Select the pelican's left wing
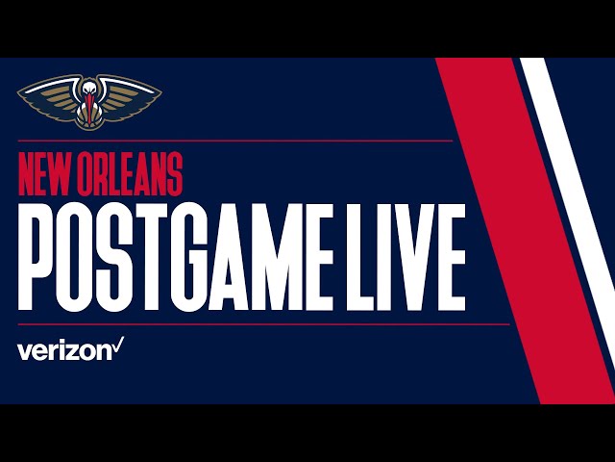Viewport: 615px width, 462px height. (48, 94)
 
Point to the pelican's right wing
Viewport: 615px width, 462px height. (131, 94)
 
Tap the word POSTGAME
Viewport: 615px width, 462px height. (191, 255)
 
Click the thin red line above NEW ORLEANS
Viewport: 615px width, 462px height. (231, 141)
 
